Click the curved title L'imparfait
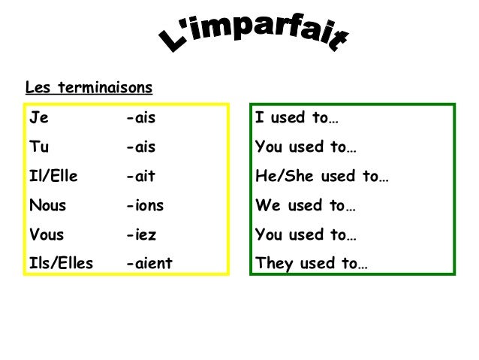click(x=255, y=35)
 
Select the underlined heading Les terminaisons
click(x=89, y=89)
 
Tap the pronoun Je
click(x=36, y=118)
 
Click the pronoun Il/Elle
click(x=53, y=176)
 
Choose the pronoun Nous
click(x=47, y=205)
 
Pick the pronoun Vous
click(x=47, y=234)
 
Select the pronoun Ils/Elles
click(x=61, y=263)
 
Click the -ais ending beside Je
click(x=141, y=118)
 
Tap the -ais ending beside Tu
click(x=141, y=147)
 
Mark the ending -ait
click(x=141, y=176)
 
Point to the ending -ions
click(x=145, y=205)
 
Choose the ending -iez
click(x=141, y=234)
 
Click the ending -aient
click(x=149, y=263)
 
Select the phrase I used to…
click(x=297, y=118)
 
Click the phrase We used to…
click(x=306, y=205)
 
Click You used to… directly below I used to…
click(x=306, y=147)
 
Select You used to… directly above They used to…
click(x=306, y=234)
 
